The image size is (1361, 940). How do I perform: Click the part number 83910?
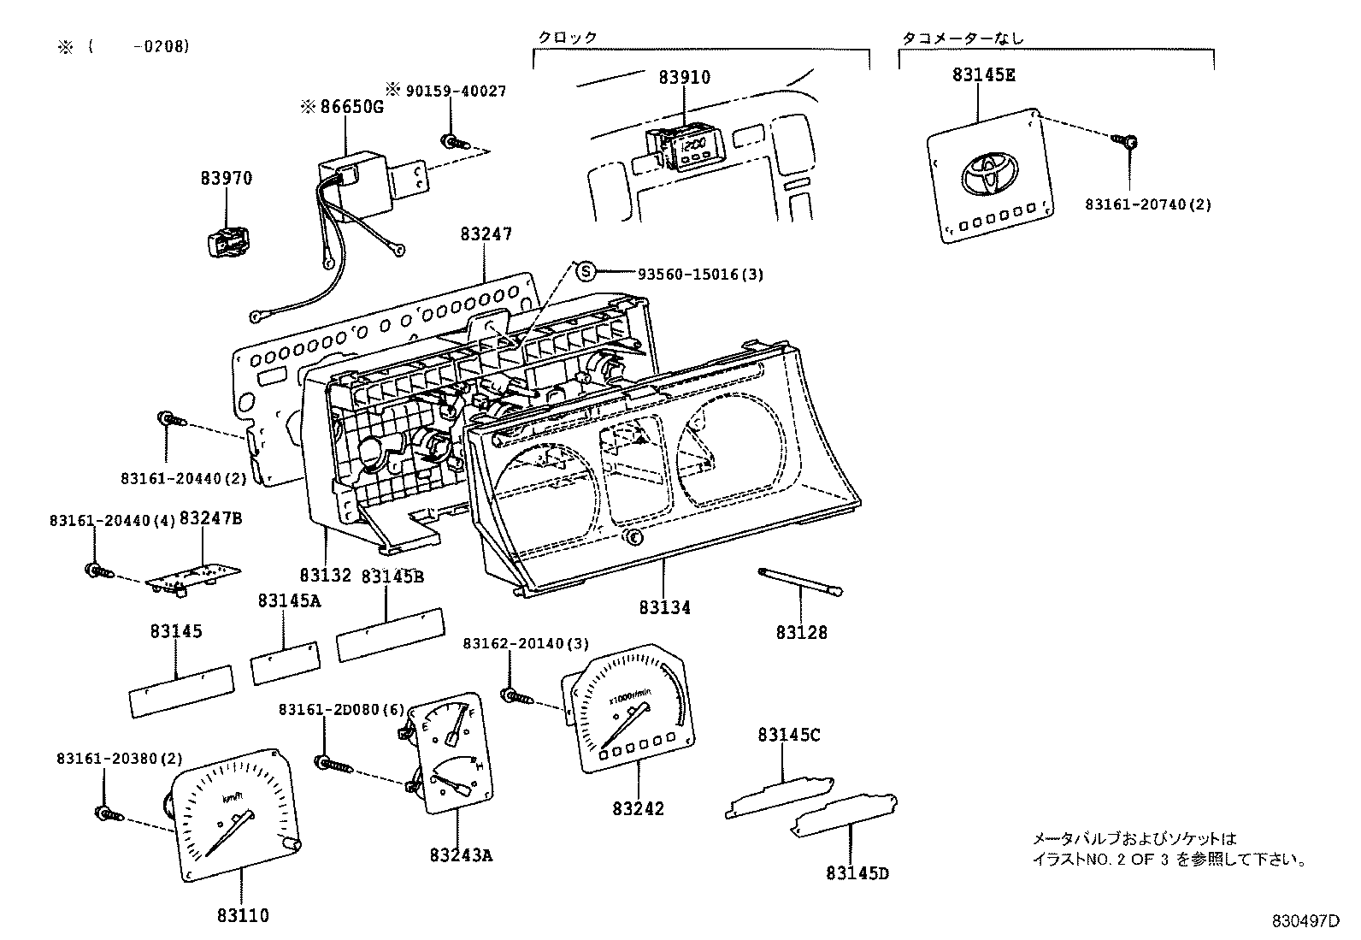(x=684, y=77)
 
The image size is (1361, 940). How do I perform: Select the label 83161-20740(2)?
(x=1147, y=204)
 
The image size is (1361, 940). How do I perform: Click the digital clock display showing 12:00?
(x=692, y=148)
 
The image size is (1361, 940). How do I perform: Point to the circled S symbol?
(x=585, y=272)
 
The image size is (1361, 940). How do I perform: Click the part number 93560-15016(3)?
(x=700, y=274)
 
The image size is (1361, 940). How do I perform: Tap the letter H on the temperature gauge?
(x=479, y=768)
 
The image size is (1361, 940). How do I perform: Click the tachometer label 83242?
(x=637, y=808)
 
